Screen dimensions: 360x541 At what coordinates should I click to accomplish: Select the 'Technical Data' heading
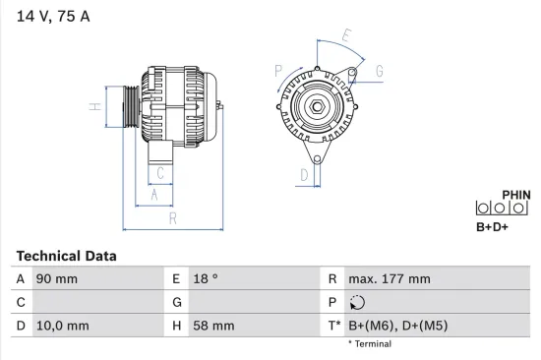point(66,256)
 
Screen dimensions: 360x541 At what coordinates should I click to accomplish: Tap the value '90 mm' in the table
point(57,279)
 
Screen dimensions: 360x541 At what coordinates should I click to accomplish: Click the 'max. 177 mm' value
point(389,279)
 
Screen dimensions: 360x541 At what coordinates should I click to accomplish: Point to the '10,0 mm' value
point(62,326)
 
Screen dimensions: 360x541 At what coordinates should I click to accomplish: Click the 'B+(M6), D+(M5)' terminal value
point(399,326)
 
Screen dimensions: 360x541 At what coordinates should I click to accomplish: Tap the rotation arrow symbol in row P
point(357,302)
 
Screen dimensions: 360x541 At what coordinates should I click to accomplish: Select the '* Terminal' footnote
point(369,344)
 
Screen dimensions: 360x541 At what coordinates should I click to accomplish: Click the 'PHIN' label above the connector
point(515,195)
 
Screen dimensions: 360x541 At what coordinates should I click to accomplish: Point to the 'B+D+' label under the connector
point(494,229)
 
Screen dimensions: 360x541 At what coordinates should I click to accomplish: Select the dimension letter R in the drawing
point(172,217)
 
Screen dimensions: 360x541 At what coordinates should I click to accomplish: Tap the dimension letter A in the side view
point(153,195)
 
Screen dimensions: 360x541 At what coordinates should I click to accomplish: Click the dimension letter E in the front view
point(345,36)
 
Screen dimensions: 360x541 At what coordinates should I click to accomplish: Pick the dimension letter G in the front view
point(379,69)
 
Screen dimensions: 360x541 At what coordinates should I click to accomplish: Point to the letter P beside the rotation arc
point(279,70)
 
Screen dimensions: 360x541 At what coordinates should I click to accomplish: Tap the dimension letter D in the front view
point(304,175)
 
